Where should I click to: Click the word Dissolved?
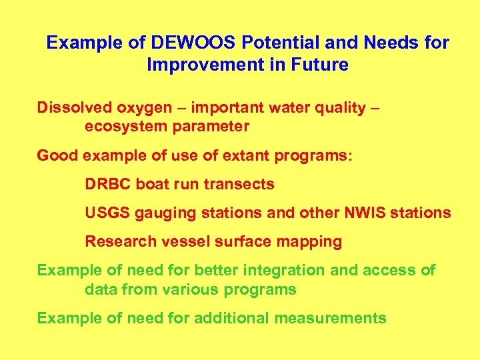tap(69, 107)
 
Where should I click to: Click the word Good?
tap(57, 155)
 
